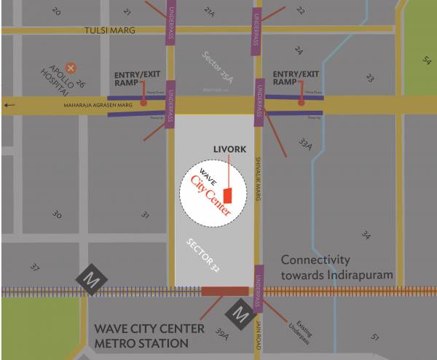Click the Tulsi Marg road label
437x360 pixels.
110,31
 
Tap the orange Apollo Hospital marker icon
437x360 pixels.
71,66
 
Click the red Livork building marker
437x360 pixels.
227,196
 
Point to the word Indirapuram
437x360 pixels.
355,275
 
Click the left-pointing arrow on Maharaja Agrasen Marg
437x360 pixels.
9,105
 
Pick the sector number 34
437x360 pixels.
366,235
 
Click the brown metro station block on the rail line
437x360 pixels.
224,291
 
